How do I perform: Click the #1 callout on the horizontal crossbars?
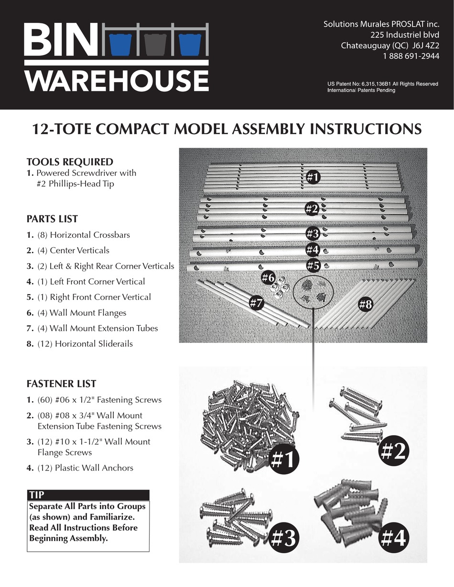(313, 177)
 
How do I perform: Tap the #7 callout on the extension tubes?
(257, 302)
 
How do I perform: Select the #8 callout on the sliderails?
(366, 305)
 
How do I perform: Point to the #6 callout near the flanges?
(268, 277)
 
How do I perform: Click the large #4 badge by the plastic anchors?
(394, 539)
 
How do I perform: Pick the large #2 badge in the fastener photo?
(393, 451)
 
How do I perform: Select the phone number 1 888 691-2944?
(411, 56)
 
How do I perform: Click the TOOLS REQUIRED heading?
(70, 161)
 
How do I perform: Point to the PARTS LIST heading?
(52, 219)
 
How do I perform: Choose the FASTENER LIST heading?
(61, 384)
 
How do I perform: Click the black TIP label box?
(88, 495)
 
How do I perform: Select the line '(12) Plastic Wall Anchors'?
(85, 468)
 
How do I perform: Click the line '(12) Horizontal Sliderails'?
(85, 344)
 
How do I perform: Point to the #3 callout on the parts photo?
(313, 234)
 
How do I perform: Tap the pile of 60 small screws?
(239, 420)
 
